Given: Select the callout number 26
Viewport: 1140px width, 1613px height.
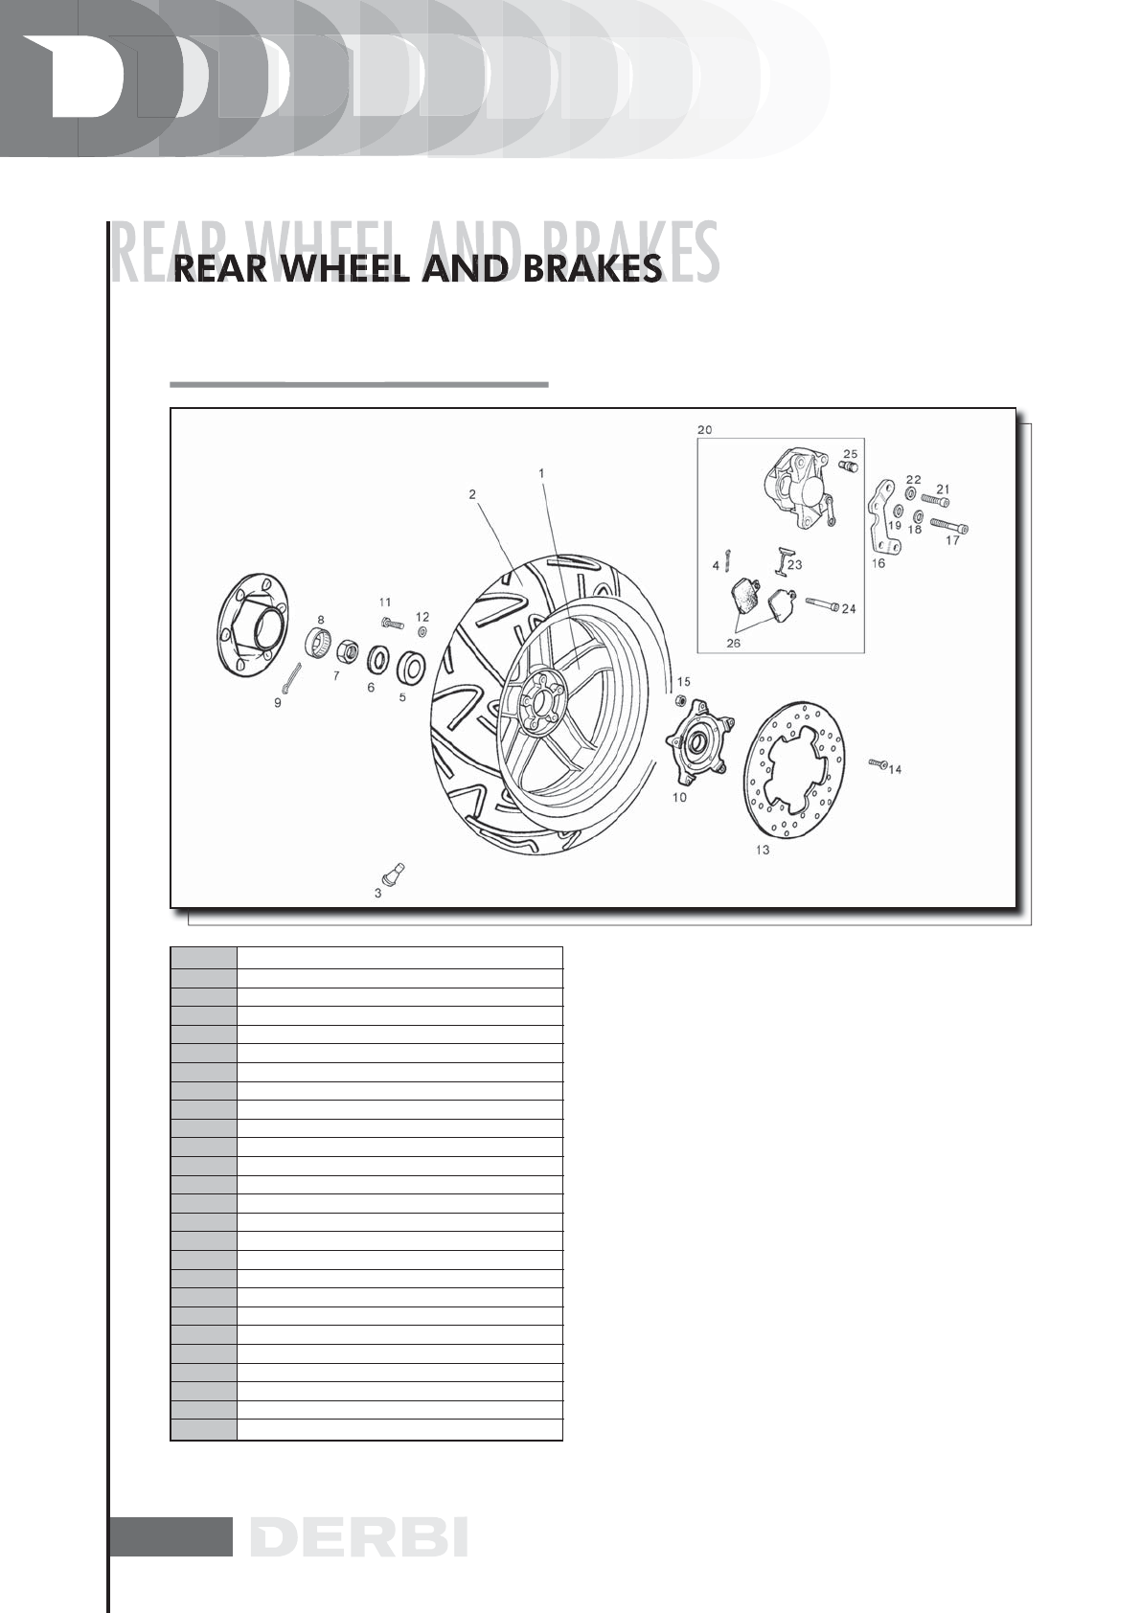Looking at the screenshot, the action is [x=733, y=644].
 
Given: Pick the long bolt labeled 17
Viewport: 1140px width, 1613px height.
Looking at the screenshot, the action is [x=949, y=526].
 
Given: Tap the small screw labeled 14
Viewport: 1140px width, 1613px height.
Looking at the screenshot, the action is [x=879, y=763].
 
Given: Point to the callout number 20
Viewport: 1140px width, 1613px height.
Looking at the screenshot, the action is [x=704, y=430].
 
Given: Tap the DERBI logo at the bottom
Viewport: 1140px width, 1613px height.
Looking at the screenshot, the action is [x=359, y=1536].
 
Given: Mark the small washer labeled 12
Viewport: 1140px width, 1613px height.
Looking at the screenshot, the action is [x=422, y=631].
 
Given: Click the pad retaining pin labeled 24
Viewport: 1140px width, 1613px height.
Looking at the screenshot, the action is [x=823, y=604].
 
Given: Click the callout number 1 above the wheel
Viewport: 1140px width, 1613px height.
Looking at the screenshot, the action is [x=541, y=473].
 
